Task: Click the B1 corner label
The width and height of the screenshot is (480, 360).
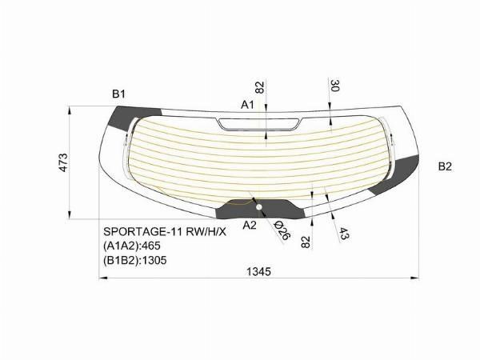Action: [118, 94]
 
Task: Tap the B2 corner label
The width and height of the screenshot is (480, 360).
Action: [445, 166]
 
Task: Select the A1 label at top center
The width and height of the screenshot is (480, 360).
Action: [247, 105]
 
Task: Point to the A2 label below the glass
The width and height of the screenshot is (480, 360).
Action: [250, 226]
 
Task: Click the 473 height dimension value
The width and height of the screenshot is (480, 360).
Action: [63, 162]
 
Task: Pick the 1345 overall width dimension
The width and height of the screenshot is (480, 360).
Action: [258, 271]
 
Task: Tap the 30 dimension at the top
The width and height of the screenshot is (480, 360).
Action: [335, 86]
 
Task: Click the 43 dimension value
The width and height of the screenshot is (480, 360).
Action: [344, 234]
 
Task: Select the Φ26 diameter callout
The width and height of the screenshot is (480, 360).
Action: [282, 230]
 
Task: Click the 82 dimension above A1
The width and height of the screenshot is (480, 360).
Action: [259, 87]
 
